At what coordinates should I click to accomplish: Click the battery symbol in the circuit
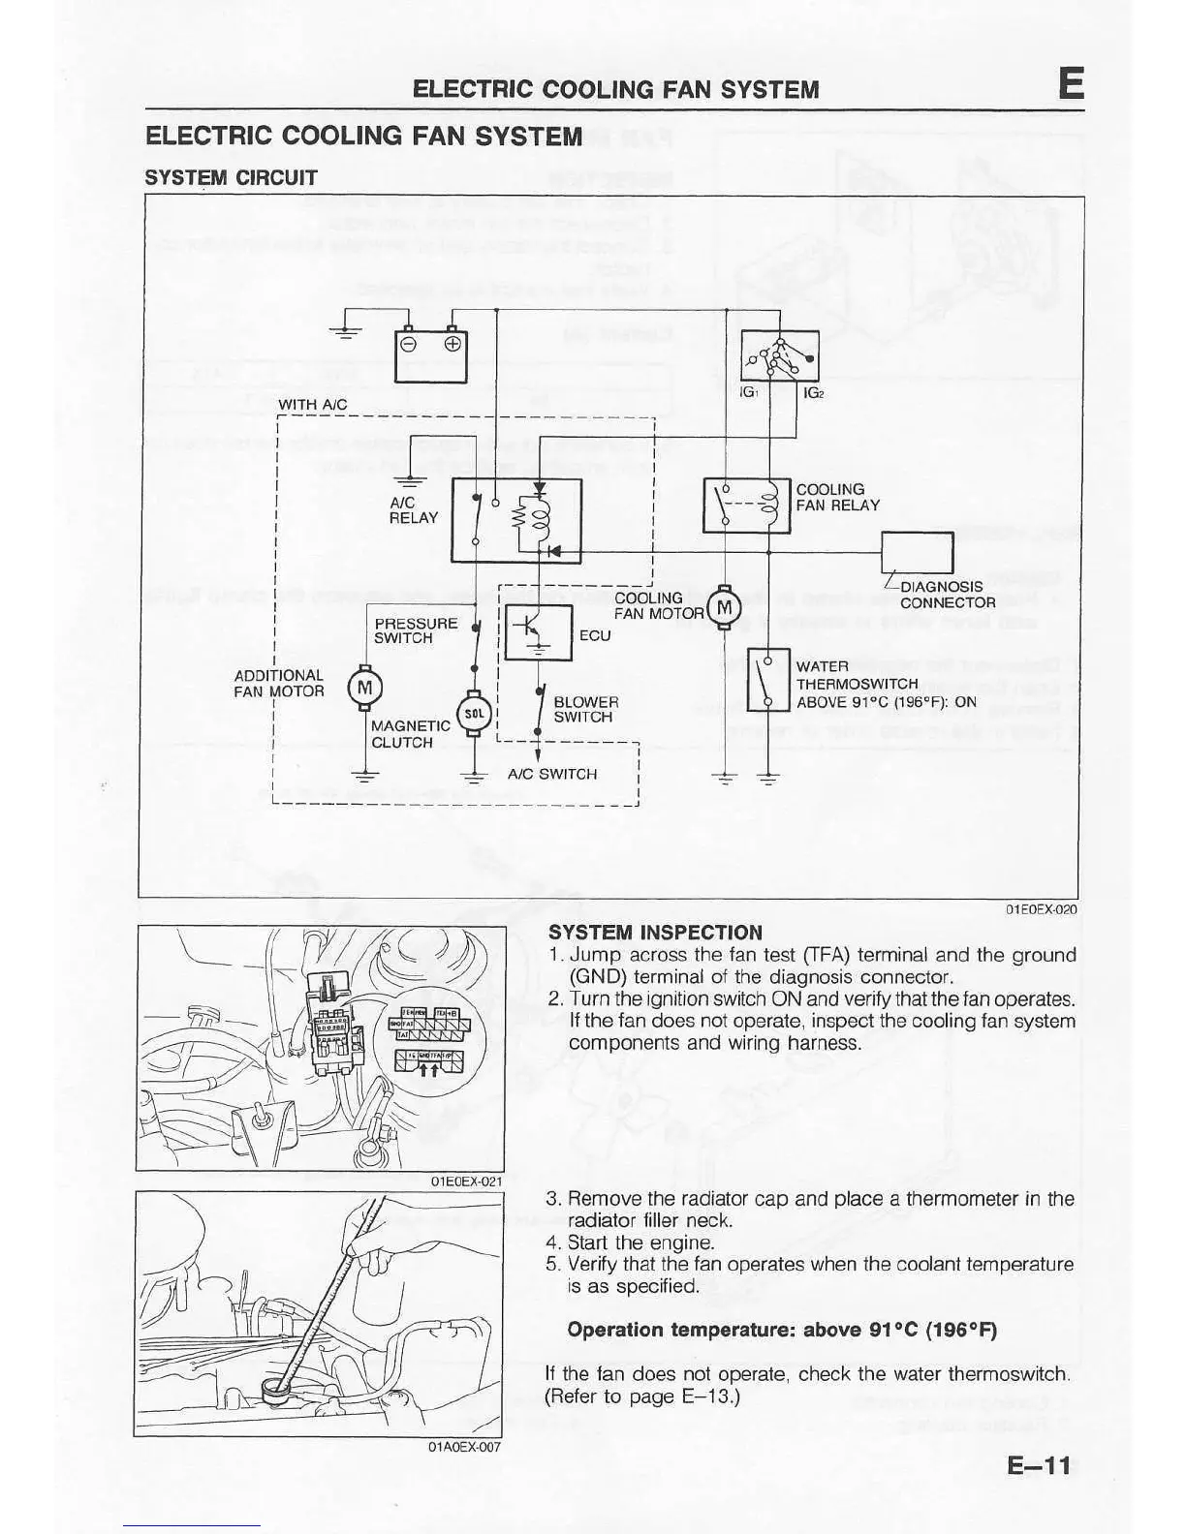coord(430,355)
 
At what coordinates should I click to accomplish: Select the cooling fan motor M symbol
coord(724,608)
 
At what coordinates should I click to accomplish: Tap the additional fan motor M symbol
coord(364,688)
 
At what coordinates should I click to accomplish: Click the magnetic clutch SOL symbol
coord(474,713)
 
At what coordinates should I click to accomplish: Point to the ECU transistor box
coord(538,631)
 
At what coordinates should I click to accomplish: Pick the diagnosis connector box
coord(917,553)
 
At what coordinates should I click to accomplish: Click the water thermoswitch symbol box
coord(768,680)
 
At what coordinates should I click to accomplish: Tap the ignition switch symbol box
coord(779,355)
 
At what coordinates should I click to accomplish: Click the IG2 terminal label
coord(814,394)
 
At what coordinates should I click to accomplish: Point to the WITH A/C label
coord(312,404)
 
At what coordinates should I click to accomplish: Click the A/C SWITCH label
coord(552,774)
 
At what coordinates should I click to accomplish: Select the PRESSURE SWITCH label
coord(416,630)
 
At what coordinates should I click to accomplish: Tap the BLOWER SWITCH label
coord(585,709)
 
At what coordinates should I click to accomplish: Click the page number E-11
coord(1039,1465)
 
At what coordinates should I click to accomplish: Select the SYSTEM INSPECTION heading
coord(655,933)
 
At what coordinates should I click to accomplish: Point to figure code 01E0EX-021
coord(466,1181)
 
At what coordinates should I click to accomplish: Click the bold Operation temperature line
coord(782,1330)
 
